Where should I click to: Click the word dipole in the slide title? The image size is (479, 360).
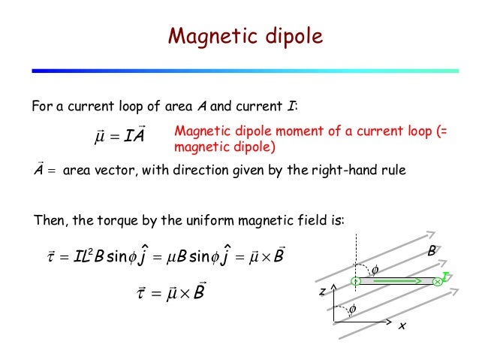[288, 36]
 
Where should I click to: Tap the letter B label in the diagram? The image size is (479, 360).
[432, 254]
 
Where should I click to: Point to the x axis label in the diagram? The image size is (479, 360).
[402, 326]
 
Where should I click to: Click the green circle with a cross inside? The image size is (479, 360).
[437, 282]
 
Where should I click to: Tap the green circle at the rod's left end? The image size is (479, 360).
[355, 282]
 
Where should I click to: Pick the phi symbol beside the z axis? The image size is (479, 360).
[350, 308]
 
